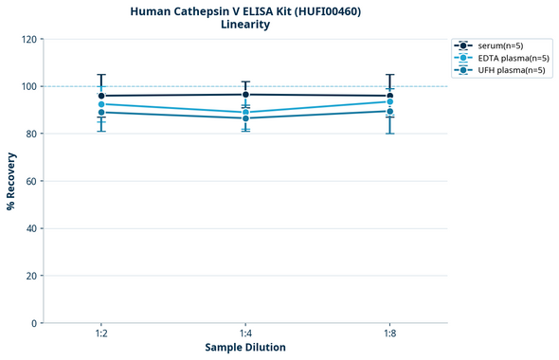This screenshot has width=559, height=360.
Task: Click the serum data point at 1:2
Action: pos(101,96)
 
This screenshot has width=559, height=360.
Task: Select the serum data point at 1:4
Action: pos(245,95)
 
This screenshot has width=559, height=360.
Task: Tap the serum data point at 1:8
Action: pos(389,96)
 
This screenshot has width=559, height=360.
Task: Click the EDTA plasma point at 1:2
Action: pos(101,104)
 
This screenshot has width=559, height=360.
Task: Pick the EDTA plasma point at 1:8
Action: pos(389,101)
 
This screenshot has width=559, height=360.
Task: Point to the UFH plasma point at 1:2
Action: pos(101,113)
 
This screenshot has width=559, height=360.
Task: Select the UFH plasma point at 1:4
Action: pos(245,117)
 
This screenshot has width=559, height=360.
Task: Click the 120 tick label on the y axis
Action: pos(29,40)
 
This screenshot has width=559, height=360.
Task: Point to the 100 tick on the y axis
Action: pos(29,87)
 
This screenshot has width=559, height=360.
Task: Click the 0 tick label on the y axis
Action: pos(35,324)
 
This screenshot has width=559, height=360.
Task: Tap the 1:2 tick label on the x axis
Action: pos(101,333)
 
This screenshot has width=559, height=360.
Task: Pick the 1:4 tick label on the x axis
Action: pos(245,333)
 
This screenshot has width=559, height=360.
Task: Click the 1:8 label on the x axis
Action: pos(389,333)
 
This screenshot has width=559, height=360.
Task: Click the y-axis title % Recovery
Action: pos(11,181)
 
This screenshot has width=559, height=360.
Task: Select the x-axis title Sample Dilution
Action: pos(245,348)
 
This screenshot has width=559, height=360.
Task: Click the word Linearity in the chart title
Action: pos(245,25)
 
